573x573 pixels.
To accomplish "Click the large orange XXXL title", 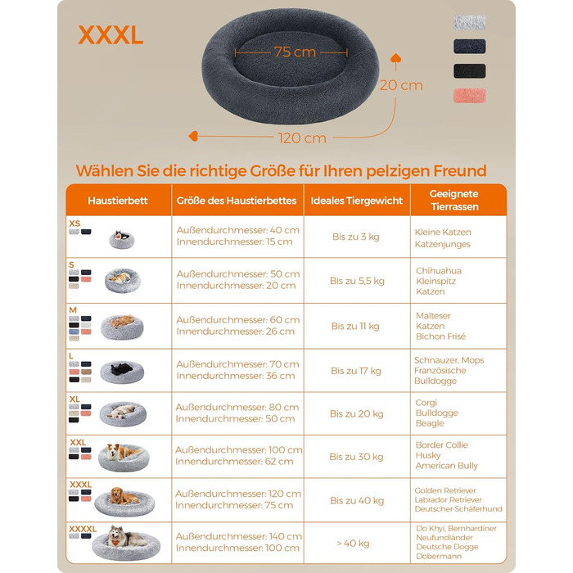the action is pyautogui.click(x=111, y=35).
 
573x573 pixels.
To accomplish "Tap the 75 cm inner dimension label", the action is pyautogui.click(x=295, y=52).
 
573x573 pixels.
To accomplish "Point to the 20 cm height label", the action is pyautogui.click(x=401, y=85).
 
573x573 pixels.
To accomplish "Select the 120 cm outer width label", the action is pyautogui.click(x=302, y=138).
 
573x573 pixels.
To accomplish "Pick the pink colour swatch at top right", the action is pyautogui.click(x=470, y=96).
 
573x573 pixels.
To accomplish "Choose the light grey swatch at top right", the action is pyautogui.click(x=470, y=23).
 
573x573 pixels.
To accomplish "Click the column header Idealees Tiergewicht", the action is pyautogui.click(x=356, y=201).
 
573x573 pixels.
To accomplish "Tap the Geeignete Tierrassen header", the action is pyautogui.click(x=454, y=201).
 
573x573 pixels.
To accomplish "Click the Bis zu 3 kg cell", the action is pyautogui.click(x=356, y=237).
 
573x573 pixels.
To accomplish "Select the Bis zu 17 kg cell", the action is pyautogui.click(x=356, y=371).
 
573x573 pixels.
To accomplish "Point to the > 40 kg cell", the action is pyautogui.click(x=353, y=544).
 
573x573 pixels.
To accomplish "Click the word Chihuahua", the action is pyautogui.click(x=439, y=271).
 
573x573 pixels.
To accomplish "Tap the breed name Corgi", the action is pyautogui.click(x=426, y=403).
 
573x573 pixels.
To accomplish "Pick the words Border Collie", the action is pyautogui.click(x=442, y=445).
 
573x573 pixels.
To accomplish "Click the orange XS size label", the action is pyautogui.click(x=74, y=223).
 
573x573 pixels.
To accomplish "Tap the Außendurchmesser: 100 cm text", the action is pyautogui.click(x=239, y=450).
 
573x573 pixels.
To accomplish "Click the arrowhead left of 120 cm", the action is pyautogui.click(x=193, y=137).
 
